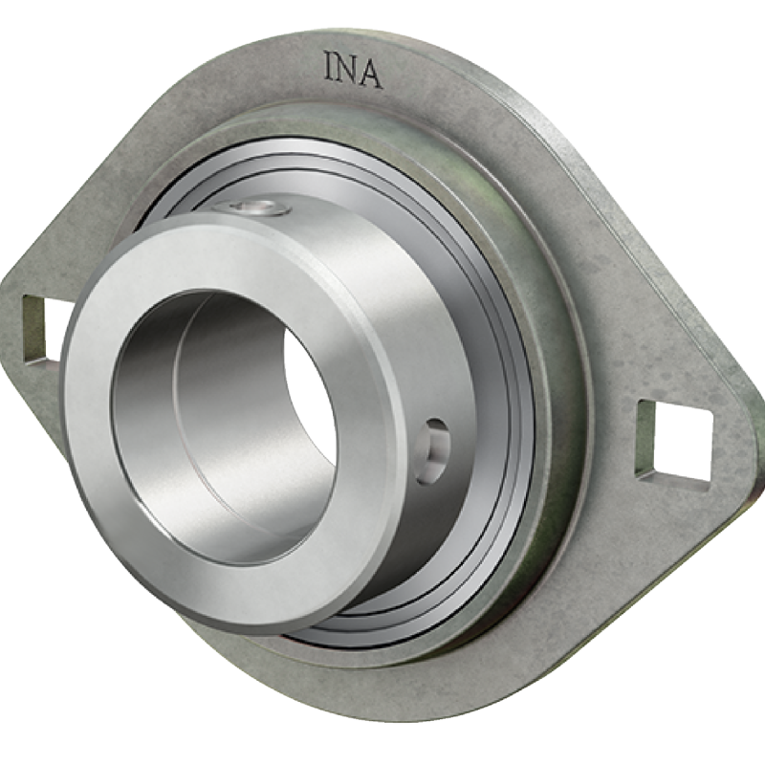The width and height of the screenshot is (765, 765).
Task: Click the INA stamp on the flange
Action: [x=353, y=71]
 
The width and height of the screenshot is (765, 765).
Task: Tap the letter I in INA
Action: [x=329, y=66]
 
